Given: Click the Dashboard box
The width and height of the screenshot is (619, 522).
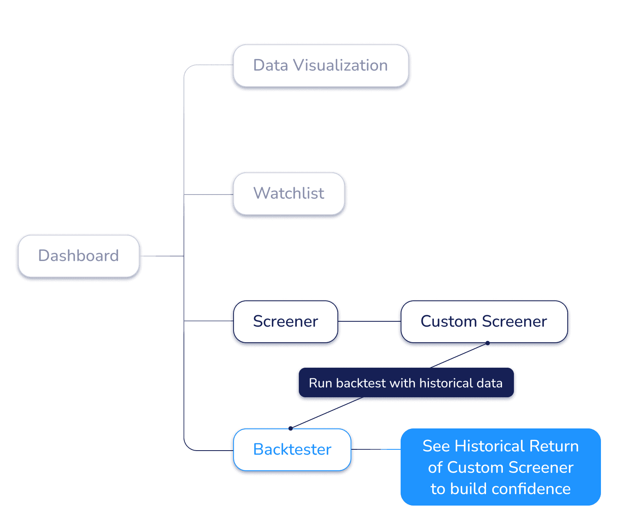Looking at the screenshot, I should pyautogui.click(x=78, y=256).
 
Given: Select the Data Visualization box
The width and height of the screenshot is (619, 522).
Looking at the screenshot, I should pyautogui.click(x=321, y=66).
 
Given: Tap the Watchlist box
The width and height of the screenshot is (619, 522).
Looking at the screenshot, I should pyautogui.click(x=289, y=193).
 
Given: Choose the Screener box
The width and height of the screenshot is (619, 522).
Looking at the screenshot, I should pyautogui.click(x=285, y=321).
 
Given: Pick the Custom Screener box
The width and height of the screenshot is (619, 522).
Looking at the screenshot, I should pyautogui.click(x=484, y=321).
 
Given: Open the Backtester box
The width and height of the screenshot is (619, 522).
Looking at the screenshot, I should pyautogui.click(x=292, y=449).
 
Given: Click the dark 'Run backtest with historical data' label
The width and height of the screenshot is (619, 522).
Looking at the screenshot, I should pyautogui.click(x=406, y=383).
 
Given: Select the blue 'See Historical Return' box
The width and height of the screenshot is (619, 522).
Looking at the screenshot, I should pyautogui.click(x=500, y=467).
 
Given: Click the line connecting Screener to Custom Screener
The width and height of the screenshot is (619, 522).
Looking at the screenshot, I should pyautogui.click(x=369, y=321).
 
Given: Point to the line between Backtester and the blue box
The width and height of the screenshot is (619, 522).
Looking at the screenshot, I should pyautogui.click(x=377, y=449).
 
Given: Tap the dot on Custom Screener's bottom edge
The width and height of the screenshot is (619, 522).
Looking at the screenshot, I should pyautogui.click(x=488, y=342).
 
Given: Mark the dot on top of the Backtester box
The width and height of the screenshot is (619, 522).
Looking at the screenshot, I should pyautogui.click(x=291, y=428).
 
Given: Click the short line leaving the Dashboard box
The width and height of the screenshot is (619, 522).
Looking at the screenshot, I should pyautogui.click(x=161, y=256).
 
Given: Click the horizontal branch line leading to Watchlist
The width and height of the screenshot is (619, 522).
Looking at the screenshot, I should pyautogui.click(x=208, y=195).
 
